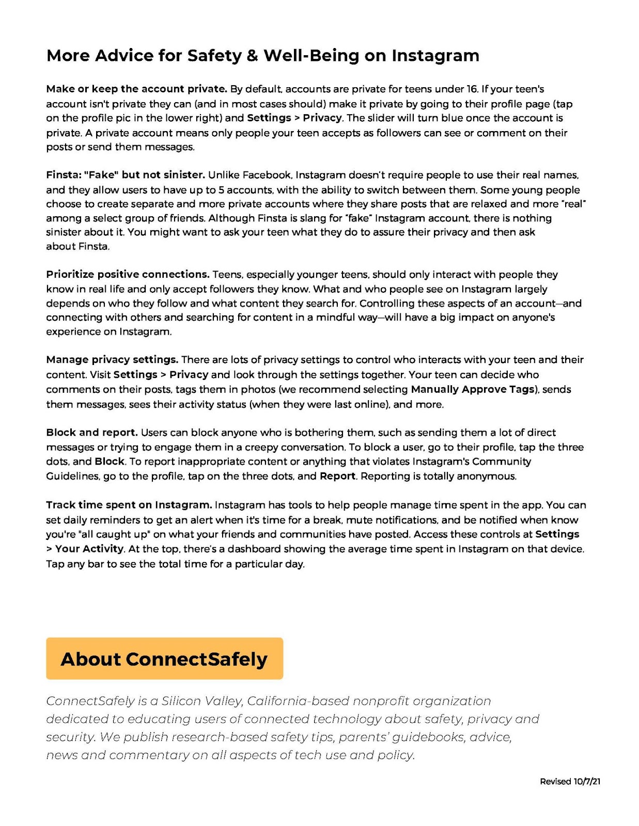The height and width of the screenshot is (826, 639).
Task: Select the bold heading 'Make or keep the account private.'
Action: coord(136,89)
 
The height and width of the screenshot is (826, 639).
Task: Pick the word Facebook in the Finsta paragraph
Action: coord(268,175)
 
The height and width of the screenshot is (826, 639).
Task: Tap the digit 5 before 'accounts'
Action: coord(222,189)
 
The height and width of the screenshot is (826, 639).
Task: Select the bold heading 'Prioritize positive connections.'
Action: coord(128,274)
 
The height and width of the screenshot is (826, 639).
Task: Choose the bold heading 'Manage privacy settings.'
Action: coord(112,359)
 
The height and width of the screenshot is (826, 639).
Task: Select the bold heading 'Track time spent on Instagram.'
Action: coord(129,505)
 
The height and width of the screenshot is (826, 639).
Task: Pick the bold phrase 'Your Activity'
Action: coord(89,549)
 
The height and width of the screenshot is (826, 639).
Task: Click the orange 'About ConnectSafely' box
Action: coord(164,659)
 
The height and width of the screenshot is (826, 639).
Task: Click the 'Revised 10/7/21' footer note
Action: coord(570,782)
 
